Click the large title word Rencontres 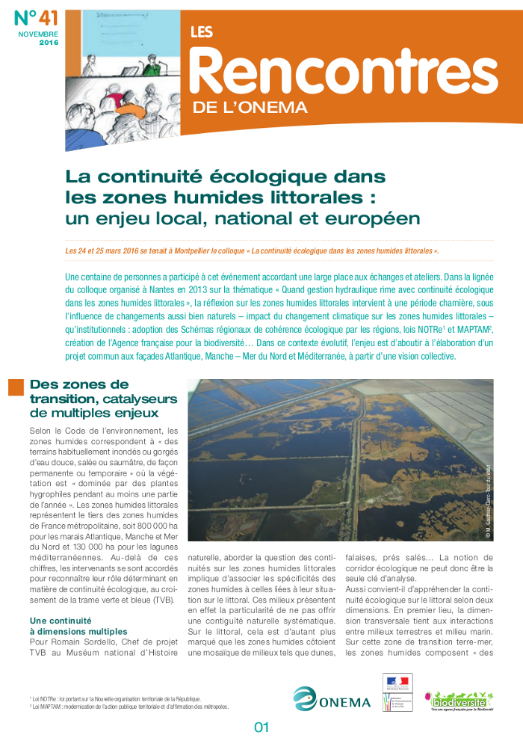(x=344, y=71)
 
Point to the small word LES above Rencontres (x=202, y=32)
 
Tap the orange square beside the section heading (x=15, y=387)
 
